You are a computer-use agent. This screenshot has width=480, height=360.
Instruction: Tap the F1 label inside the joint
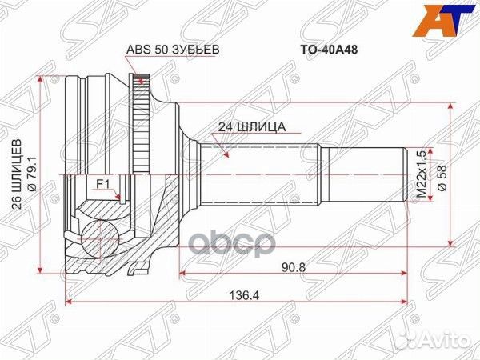pyautogui.click(x=102, y=185)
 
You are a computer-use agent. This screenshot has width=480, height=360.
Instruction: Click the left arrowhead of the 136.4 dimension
pyautogui.click(x=69, y=302)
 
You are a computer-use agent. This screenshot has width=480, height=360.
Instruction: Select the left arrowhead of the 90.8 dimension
pyautogui.click(x=185, y=273)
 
